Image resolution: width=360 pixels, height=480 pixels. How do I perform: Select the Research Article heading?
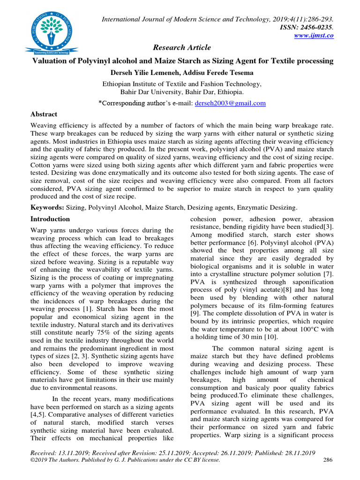coord(182,47)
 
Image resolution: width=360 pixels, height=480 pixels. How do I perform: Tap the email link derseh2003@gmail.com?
coord(230,103)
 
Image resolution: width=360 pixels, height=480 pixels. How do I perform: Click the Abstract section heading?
coord(44,114)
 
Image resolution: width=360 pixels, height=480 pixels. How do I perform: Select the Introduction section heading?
coord(50,219)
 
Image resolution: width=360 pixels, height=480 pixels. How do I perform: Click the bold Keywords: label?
coord(47,207)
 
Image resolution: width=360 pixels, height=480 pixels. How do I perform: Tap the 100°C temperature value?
coord(298,328)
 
